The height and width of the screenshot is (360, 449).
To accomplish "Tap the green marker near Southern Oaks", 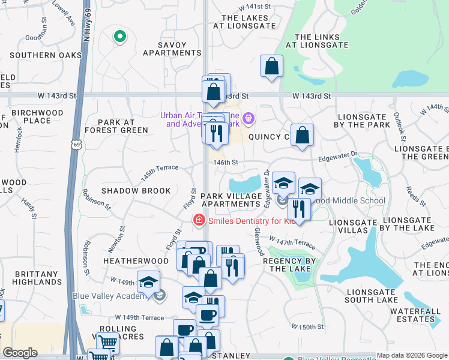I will pos(119,37).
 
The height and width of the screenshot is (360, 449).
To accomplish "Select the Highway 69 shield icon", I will pos(76,145).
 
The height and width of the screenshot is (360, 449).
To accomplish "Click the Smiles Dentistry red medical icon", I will pos(197,221).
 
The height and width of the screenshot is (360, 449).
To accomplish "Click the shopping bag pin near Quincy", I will pos(302,135).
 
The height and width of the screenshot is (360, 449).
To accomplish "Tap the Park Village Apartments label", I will pos(232,200).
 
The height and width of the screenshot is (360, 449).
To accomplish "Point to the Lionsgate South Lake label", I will pos(372,296).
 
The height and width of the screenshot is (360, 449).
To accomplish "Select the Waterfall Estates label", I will pos(412,315).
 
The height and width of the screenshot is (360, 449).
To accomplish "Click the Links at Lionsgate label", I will pos(317,41).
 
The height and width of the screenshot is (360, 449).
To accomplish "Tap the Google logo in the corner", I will pos(20,353).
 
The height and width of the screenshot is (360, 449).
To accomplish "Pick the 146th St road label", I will pos(226,162).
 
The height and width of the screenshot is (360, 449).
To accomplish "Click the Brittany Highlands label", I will pos(37,277).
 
